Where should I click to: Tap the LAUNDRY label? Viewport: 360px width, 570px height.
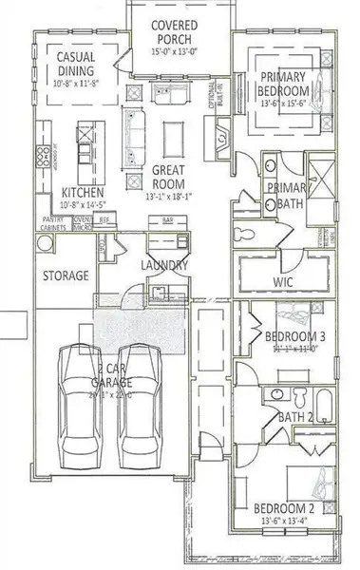click(165, 265)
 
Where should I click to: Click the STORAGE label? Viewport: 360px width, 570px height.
click(66, 275)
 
